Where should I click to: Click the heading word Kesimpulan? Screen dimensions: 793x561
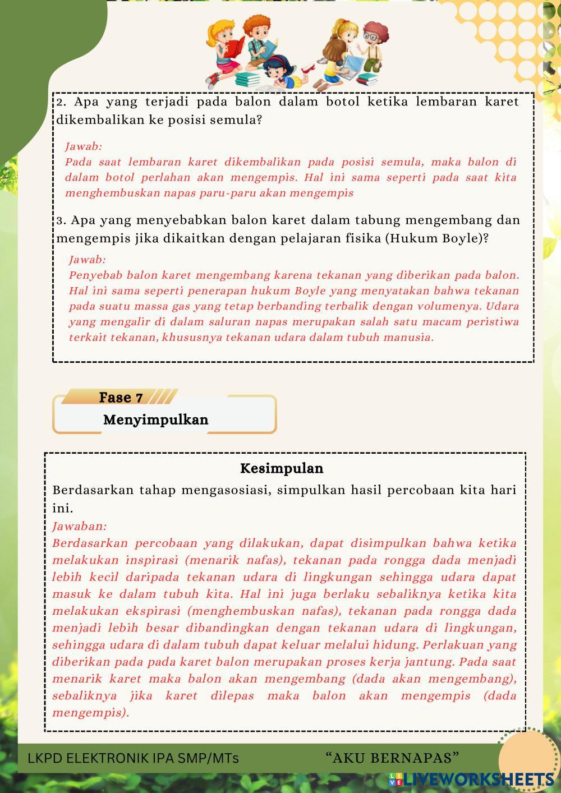pos(282,468)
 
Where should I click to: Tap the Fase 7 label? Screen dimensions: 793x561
pos(121,398)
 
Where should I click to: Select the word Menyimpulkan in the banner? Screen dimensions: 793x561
pos(155,419)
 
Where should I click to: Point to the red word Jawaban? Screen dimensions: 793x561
pos(79,526)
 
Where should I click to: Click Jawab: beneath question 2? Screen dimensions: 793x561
pos(84,146)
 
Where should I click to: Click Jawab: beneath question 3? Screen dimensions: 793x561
pos(87,260)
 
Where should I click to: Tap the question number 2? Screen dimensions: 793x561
pos(61,102)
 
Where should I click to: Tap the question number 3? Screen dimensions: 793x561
pos(61,220)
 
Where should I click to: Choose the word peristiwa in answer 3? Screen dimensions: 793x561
pos(492,322)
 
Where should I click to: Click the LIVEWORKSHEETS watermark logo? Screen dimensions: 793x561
pos(471,779)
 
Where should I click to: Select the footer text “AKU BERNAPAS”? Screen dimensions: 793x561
pos(392,758)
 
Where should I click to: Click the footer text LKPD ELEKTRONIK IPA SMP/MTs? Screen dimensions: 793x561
pos(133,758)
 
